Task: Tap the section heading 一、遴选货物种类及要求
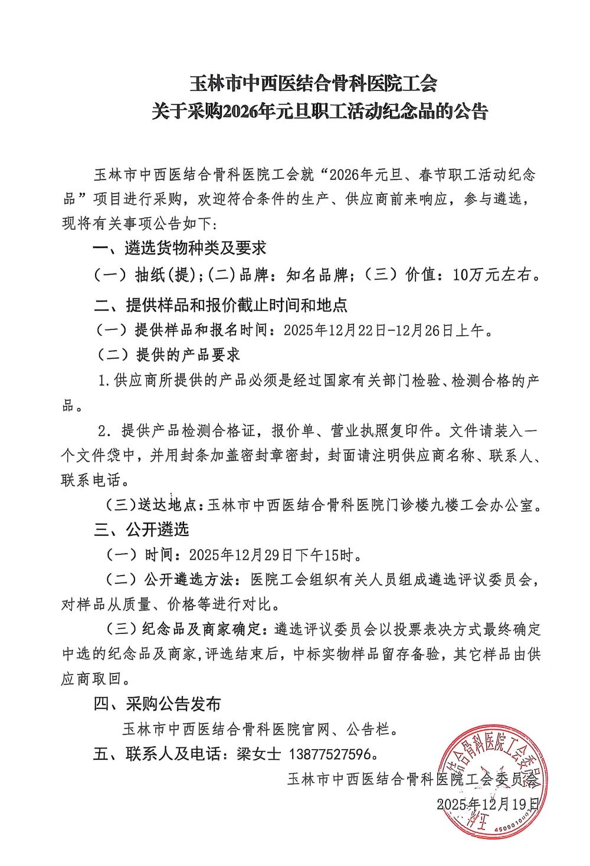(181, 249)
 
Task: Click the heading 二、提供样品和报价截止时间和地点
(221, 305)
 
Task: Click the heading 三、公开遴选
(142, 530)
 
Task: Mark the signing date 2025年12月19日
(487, 803)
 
